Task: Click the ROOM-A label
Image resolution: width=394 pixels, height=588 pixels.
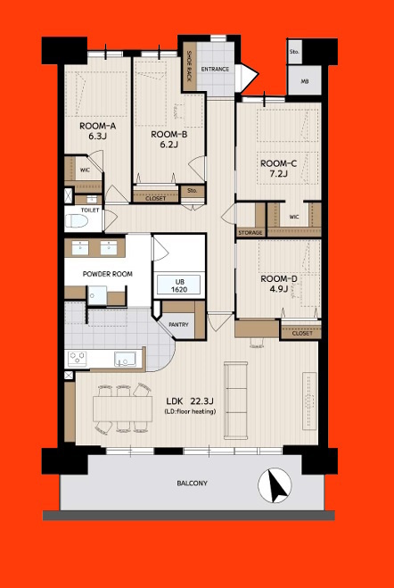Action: pos(97,126)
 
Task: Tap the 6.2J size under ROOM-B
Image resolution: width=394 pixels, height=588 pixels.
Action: pos(168,144)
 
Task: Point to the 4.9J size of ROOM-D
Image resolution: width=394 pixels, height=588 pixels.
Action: pos(279,289)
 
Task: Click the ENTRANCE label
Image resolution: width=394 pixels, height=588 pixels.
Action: pos(215,70)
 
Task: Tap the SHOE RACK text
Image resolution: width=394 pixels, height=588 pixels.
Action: pos(190,66)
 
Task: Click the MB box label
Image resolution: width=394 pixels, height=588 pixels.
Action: pos(305,81)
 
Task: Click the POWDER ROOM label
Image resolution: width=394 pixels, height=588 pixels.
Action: pos(108,274)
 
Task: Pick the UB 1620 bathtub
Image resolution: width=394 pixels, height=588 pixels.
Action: pos(178,285)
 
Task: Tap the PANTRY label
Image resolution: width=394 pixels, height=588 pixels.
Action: pos(178,325)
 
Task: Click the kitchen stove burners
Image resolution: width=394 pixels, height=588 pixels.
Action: pos(78,359)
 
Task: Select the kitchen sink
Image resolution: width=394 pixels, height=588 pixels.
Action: pos(125,360)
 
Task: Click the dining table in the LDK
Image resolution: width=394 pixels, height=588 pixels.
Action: pos(123,409)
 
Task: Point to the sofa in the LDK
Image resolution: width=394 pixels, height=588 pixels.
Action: pos(236,400)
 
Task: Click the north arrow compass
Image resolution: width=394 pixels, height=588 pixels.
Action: pos(275,484)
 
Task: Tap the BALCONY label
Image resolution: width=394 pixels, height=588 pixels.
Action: pos(193,483)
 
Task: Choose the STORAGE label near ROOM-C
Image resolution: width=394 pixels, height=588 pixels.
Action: pos(250,233)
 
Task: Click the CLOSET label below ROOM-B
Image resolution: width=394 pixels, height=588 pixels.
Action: pos(155,198)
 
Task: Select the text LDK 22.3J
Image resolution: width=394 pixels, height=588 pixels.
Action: pos(191,402)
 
